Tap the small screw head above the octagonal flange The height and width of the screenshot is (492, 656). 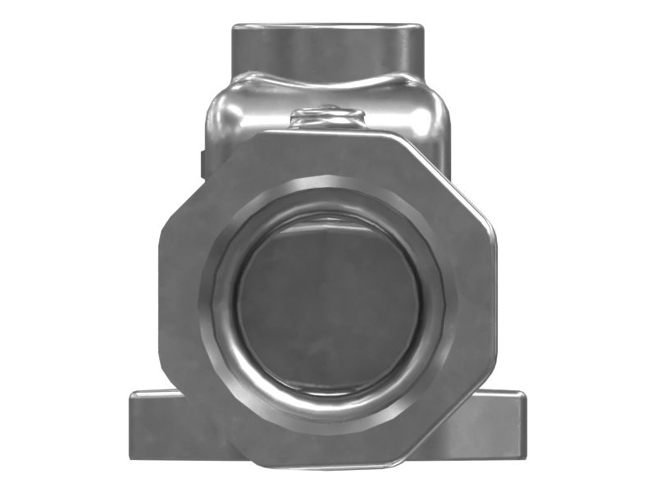coord(328,115)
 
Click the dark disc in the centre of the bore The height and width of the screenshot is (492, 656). coord(328,303)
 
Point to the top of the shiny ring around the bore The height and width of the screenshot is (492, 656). coord(328,202)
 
